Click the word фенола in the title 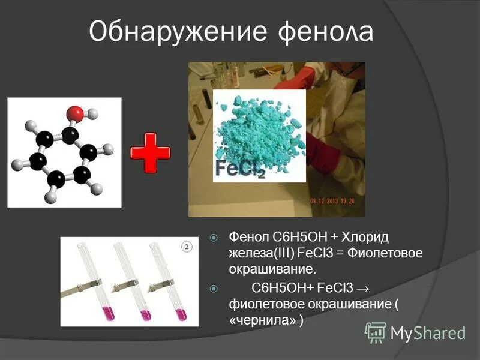pos(326,32)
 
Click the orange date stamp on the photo pos(336,200)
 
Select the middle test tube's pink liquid pos(144,313)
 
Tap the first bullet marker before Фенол pos(214,238)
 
